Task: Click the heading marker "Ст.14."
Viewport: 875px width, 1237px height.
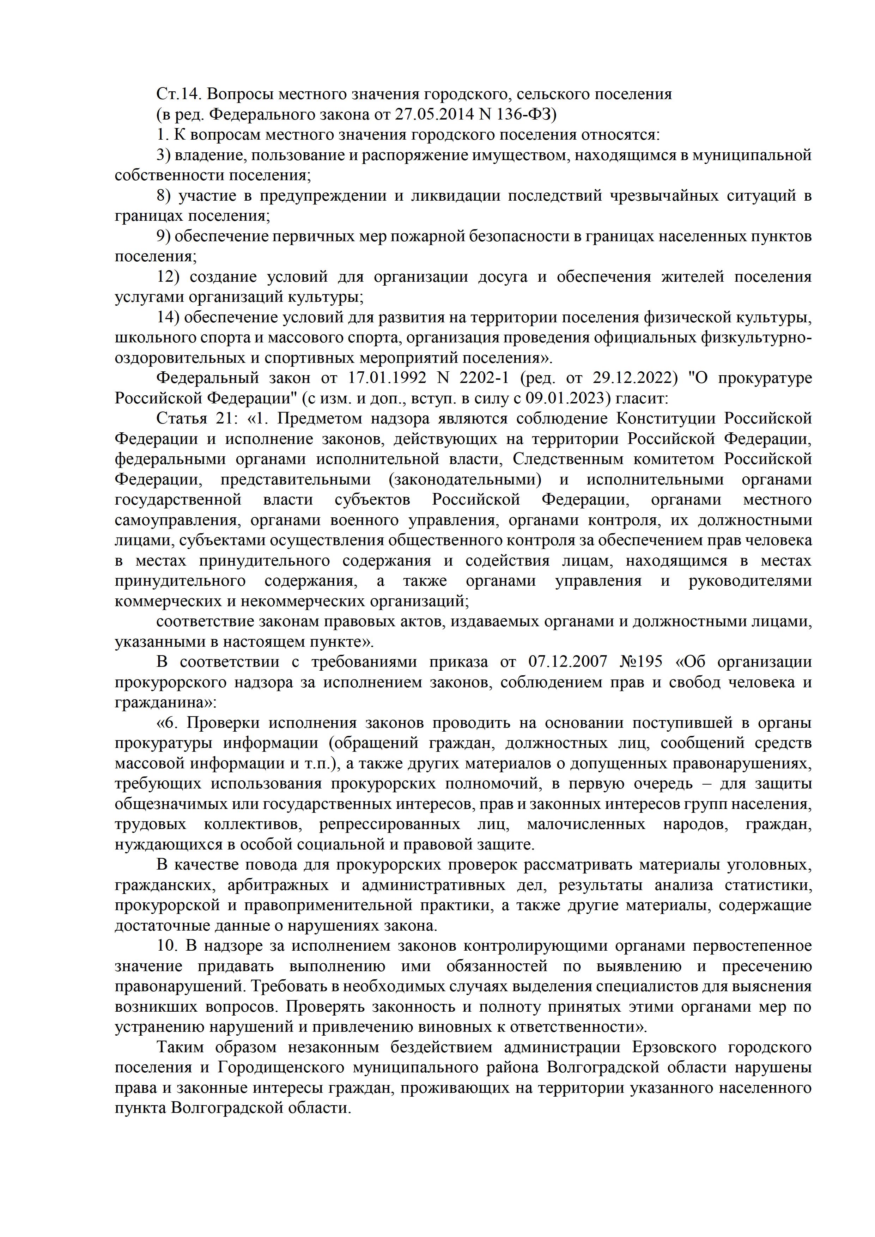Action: coord(179,94)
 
